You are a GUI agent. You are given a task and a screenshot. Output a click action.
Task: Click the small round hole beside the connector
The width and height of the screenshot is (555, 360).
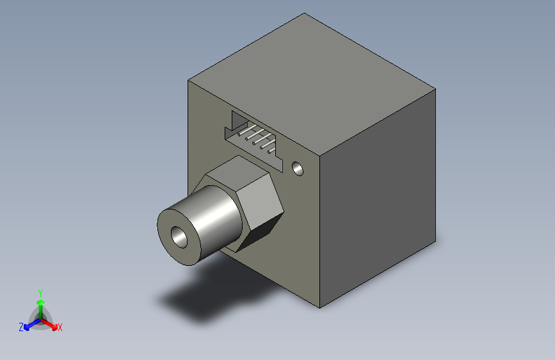tap(298, 169)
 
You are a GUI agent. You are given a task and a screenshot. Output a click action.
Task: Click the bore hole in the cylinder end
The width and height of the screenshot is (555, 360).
tap(179, 237)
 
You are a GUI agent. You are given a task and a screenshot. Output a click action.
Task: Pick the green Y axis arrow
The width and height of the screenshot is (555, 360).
tap(40, 301)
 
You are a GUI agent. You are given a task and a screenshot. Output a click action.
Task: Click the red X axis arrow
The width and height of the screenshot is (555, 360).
tap(52, 323)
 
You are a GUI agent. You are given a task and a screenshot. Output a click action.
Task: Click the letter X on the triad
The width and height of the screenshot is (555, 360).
tap(60, 328)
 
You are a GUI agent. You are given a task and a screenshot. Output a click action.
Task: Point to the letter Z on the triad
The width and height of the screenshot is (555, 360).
tap(20, 327)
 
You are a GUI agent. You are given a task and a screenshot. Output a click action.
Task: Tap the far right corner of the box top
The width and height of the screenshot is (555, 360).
tap(436, 90)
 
